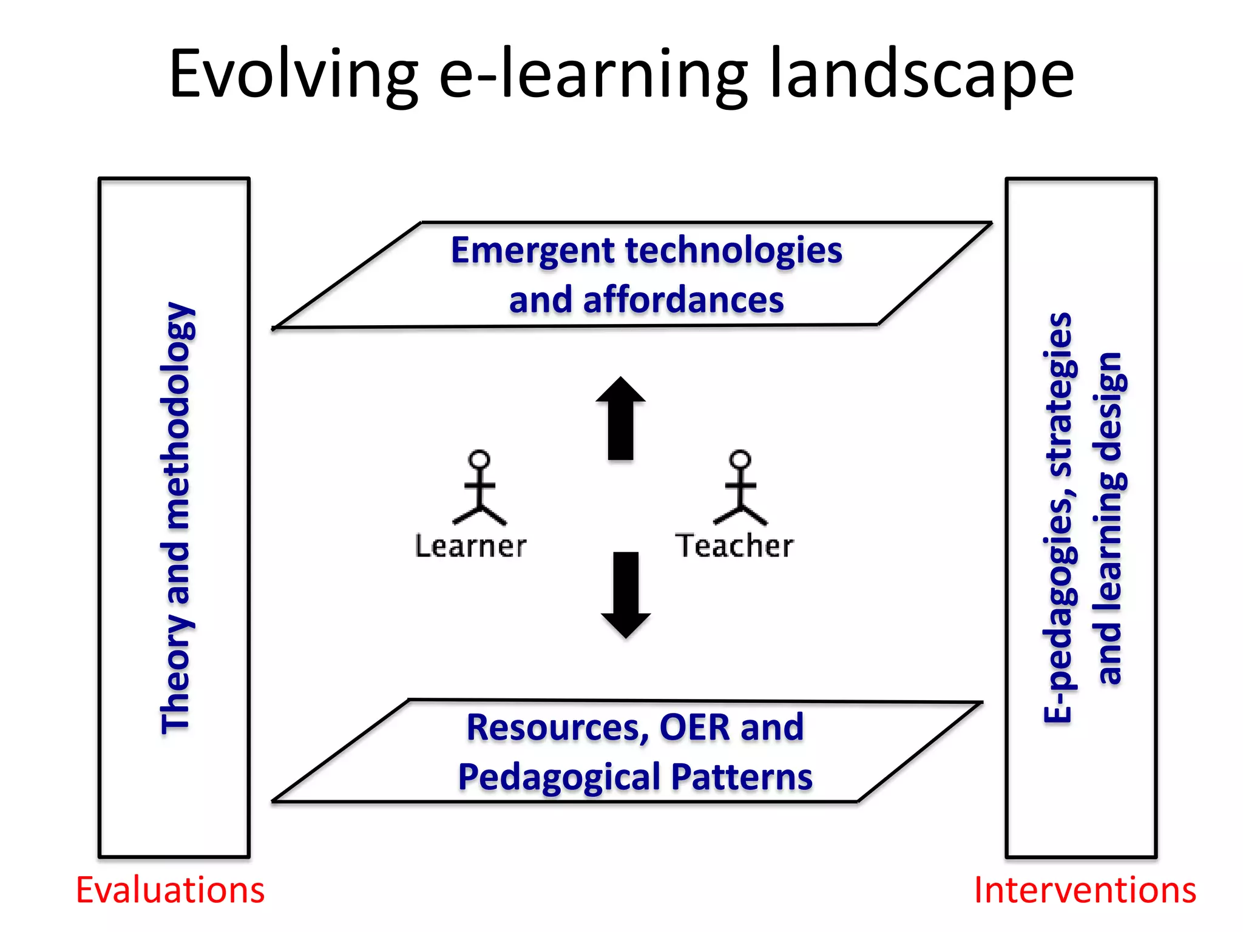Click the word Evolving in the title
point(293,74)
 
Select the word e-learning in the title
point(593,74)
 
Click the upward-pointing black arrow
point(620,419)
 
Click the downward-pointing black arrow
point(626,595)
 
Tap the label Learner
point(470,546)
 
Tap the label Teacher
point(734,545)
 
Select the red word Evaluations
point(170,890)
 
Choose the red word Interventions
point(1085,890)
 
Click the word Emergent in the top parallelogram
point(533,251)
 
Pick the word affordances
point(683,300)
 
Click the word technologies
point(734,251)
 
